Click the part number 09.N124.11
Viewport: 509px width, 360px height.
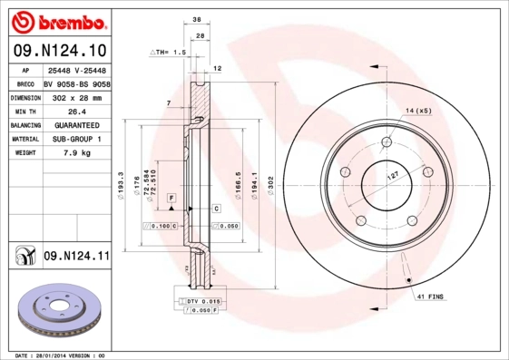coord(76,257)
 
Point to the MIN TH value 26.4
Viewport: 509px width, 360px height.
coord(76,111)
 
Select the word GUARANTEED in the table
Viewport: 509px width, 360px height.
coord(76,124)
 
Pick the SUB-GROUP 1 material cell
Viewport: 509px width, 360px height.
coord(76,139)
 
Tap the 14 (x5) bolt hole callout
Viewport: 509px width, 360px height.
coord(418,111)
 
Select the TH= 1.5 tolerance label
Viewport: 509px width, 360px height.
coord(168,54)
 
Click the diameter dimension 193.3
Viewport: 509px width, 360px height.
coord(122,188)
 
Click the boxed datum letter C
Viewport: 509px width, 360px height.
coord(217,209)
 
